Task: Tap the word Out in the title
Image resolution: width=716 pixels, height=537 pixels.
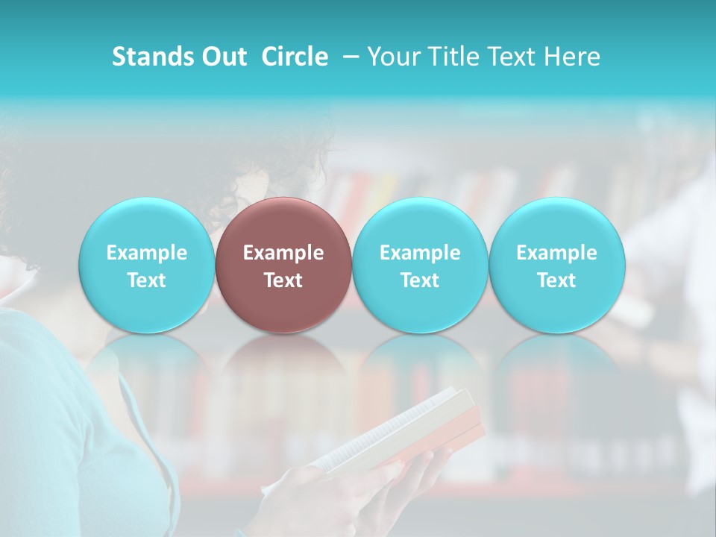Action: pyautogui.click(x=222, y=57)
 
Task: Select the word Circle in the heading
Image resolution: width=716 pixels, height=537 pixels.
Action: pyautogui.click(x=295, y=57)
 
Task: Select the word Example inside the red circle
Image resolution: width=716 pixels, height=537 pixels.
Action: pyautogui.click(x=283, y=253)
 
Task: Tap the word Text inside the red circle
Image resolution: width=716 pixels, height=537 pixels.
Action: pyautogui.click(x=283, y=280)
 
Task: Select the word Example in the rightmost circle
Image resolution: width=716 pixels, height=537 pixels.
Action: pyautogui.click(x=556, y=253)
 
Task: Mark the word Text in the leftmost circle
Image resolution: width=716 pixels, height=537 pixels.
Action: pyautogui.click(x=146, y=280)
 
